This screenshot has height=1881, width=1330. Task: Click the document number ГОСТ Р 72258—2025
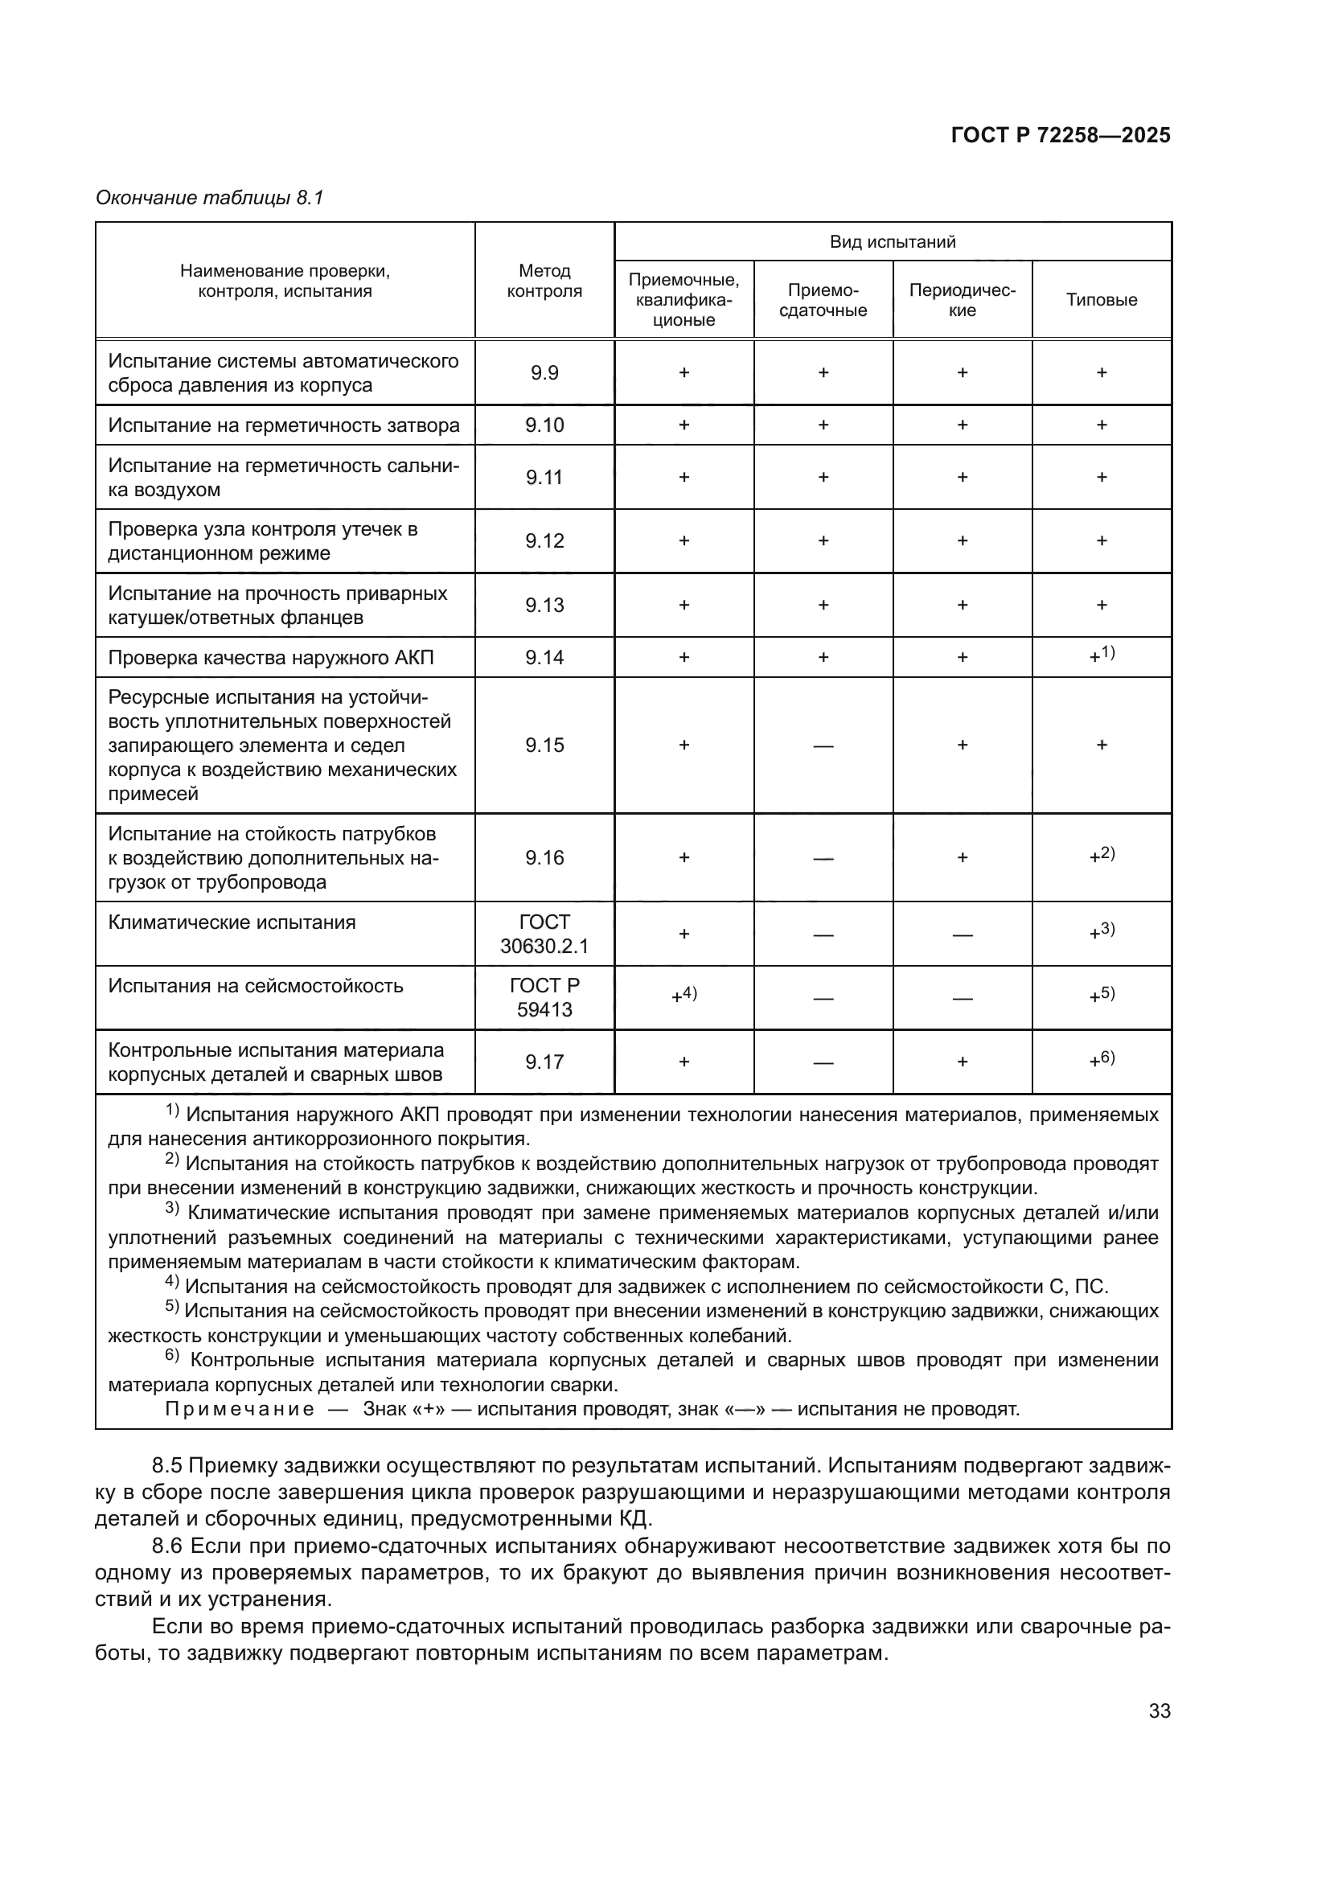(x=1060, y=136)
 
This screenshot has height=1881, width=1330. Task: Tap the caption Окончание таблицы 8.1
(x=210, y=199)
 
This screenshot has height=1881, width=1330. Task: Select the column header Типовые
(x=1101, y=300)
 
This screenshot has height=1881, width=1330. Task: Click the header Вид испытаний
(x=892, y=242)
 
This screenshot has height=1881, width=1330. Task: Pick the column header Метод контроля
(x=544, y=280)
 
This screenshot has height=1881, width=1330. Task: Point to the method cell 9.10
(x=544, y=425)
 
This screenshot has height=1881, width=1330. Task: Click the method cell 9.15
(x=544, y=745)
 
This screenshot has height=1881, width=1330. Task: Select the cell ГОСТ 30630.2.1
(x=544, y=934)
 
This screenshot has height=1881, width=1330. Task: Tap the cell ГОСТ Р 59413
(x=544, y=998)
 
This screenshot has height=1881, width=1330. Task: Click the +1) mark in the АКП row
(x=1102, y=655)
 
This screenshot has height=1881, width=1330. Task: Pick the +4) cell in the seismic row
(x=683, y=996)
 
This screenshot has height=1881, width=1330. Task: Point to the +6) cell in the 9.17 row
(x=1102, y=1060)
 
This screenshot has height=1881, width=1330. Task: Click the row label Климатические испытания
(x=232, y=922)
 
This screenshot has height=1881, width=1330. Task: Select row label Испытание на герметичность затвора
(x=283, y=425)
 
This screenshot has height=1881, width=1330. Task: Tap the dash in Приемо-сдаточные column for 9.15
(x=823, y=745)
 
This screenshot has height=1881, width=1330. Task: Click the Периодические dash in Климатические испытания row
(x=963, y=934)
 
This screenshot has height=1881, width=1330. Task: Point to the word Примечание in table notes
(x=239, y=1409)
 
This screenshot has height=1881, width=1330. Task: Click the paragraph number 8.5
(x=170, y=1466)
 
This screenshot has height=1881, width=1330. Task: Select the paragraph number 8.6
(x=170, y=1546)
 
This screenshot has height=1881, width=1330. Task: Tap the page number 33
(x=1159, y=1711)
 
